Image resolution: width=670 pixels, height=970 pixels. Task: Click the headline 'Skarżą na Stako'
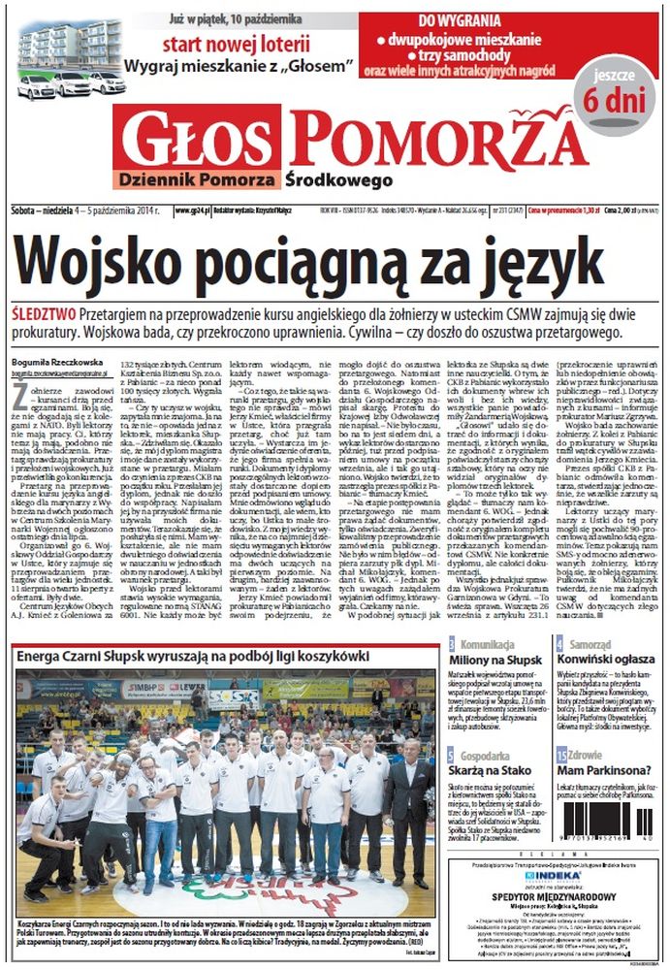coord(499,768)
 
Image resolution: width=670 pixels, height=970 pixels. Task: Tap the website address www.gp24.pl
coord(194,210)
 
